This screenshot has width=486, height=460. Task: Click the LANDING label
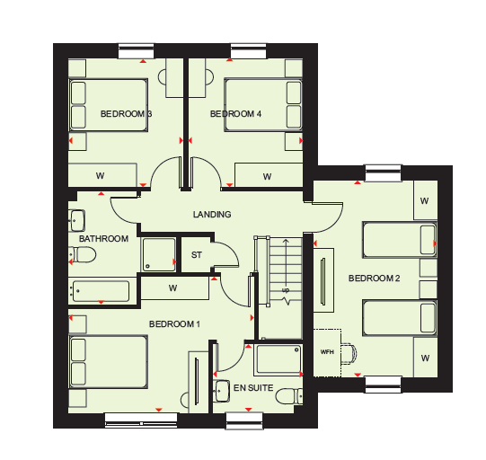pos(212,214)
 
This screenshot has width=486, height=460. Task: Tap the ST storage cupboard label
pos(197,255)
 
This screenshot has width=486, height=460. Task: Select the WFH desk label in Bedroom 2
pos(327,352)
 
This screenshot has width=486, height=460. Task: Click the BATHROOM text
pos(103,239)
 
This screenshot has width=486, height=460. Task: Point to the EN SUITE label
pos(253,388)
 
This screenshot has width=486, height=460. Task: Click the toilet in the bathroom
pos(82,255)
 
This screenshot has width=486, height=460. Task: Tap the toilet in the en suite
pos(289,396)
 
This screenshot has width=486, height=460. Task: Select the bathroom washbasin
pos(76,220)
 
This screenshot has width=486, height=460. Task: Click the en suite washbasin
pos(221,391)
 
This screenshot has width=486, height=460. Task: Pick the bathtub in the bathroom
pos(101,291)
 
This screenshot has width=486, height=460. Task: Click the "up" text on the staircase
pos(286,290)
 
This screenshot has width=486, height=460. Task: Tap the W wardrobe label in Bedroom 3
pos(100,176)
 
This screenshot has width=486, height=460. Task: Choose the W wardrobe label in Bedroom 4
pos(267,177)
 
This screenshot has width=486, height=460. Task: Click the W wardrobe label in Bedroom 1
pos(173,288)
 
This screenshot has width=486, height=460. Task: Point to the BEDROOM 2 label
pos(374,278)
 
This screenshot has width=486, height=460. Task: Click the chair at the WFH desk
pos(349,353)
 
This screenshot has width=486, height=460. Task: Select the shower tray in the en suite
pos(278,358)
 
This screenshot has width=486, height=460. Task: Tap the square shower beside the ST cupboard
pos(159,254)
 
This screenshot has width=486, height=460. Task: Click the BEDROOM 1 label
pos(174,324)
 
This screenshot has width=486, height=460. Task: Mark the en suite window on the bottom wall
pos(244,421)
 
